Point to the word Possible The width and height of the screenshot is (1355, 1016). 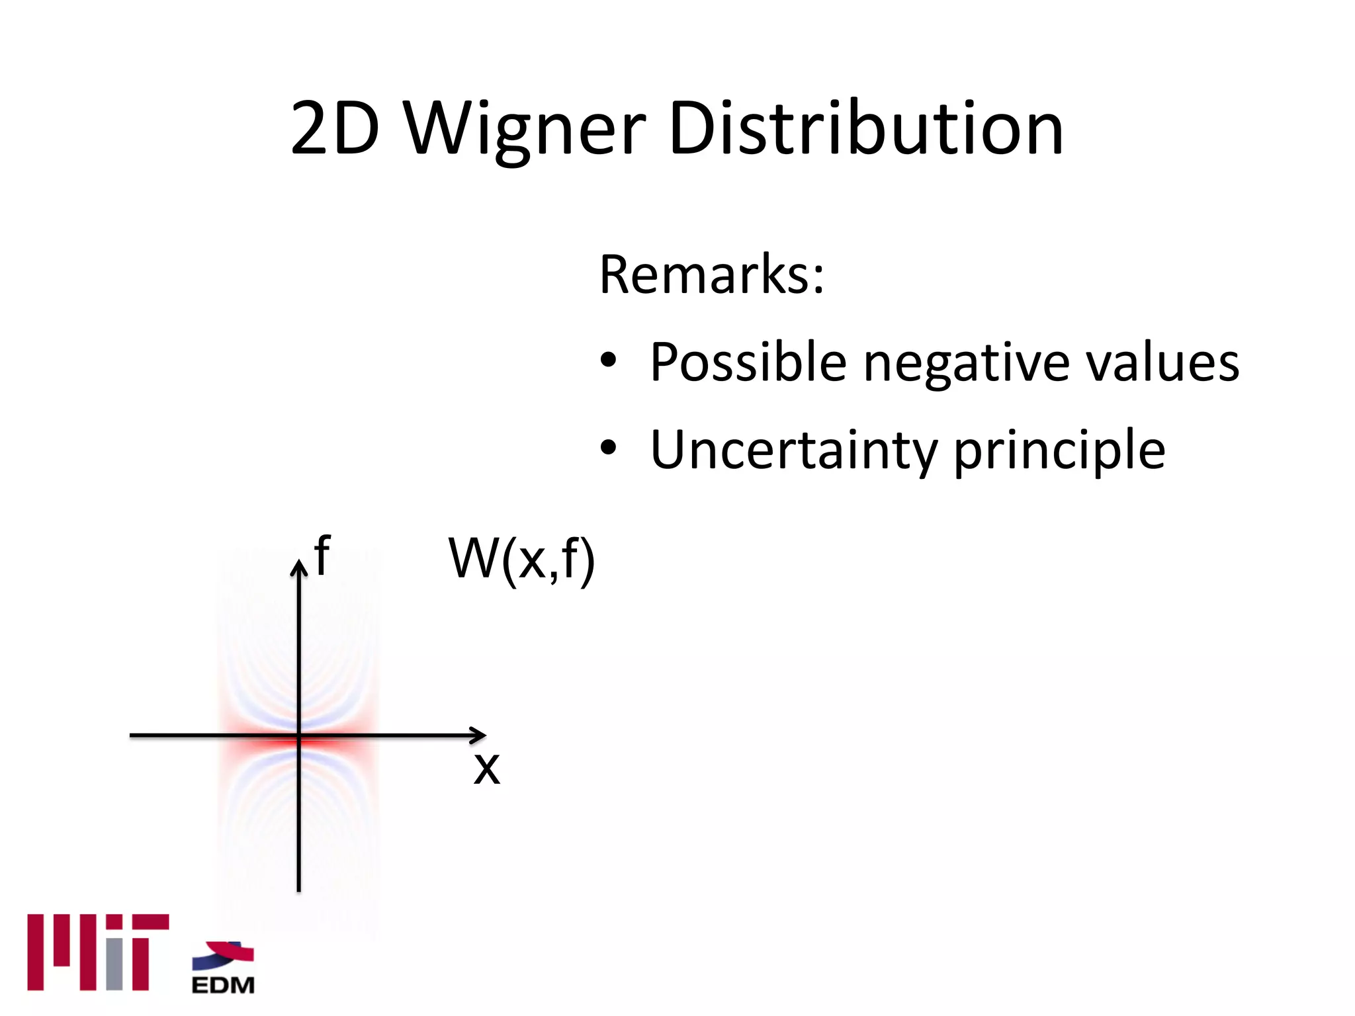pyautogui.click(x=748, y=362)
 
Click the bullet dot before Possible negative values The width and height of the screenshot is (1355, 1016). pyautogui.click(x=608, y=361)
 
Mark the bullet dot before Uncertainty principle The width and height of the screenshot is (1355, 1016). pyautogui.click(x=608, y=448)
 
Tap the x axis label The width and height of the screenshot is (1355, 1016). pyautogui.click(x=487, y=769)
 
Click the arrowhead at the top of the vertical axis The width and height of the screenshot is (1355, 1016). pyautogui.click(x=299, y=568)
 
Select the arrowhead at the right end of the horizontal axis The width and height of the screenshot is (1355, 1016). pyautogui.click(x=479, y=735)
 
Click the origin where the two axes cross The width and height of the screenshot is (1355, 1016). pyautogui.click(x=299, y=735)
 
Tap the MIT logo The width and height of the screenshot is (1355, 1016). pyautogui.click(x=98, y=952)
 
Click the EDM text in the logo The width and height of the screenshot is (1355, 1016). pyautogui.click(x=223, y=985)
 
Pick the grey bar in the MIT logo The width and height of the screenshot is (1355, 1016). pyautogui.click(x=114, y=963)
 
